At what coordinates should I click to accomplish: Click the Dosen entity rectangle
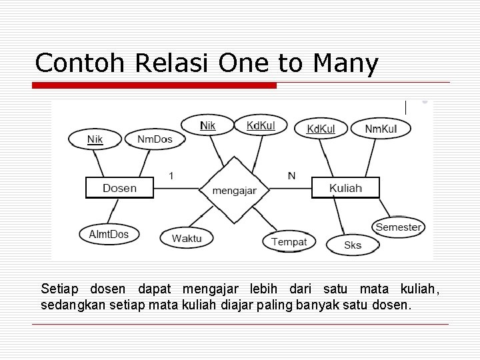coord(119,188)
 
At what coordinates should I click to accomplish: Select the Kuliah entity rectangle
coord(345,188)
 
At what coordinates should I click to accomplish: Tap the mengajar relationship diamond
coord(234,190)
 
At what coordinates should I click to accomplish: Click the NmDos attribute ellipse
coord(155,139)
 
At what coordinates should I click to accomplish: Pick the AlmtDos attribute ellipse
coord(109,234)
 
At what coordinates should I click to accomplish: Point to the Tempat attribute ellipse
coord(289,241)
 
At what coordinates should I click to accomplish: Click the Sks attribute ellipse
coord(353,245)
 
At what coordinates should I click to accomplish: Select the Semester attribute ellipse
coord(398,227)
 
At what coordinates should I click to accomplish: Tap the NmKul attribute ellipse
coord(381,128)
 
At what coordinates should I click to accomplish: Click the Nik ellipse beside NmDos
coord(95,139)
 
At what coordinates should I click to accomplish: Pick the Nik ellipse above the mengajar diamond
coord(207,125)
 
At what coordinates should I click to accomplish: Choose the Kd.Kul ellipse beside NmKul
coord(321,128)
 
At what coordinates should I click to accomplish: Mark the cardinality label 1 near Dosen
coord(171,175)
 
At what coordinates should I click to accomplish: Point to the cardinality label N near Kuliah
coord(291,175)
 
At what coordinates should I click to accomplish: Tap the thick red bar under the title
coord(155,85)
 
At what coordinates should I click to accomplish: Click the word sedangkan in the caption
coord(71,305)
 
